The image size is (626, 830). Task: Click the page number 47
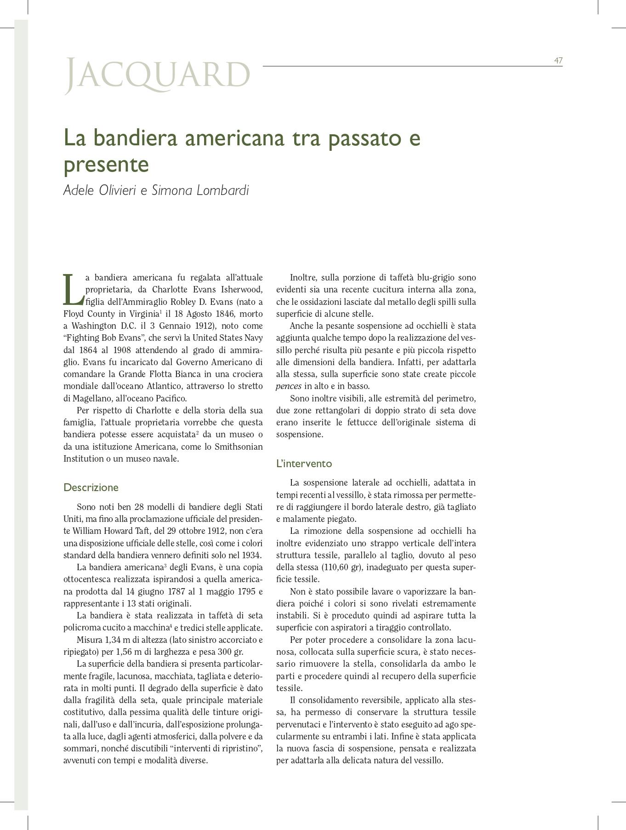[x=558, y=61]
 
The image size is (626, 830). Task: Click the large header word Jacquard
[x=158, y=74]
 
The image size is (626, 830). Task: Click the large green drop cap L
[x=72, y=290]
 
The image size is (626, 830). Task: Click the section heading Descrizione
[x=91, y=487]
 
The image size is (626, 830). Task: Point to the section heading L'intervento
[x=304, y=464]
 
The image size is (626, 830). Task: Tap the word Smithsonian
[x=239, y=446]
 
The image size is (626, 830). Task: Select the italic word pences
[x=289, y=386]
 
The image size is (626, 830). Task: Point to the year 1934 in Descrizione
[x=252, y=555]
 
